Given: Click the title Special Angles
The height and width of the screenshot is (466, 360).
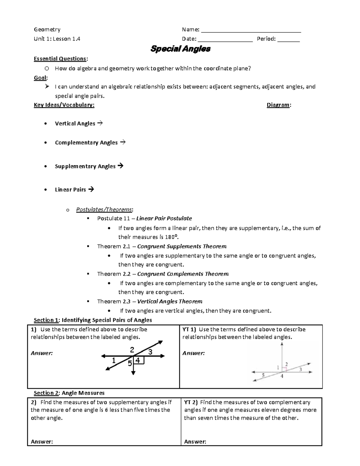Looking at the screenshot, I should pos(180,49).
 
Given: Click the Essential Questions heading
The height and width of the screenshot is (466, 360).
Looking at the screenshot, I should pos(61,59).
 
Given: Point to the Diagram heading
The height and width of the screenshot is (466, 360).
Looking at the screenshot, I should pos(278,105).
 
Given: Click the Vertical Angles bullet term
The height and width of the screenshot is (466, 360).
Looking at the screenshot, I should pos(75,124).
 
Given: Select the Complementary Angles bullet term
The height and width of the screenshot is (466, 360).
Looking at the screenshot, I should pos(86,143).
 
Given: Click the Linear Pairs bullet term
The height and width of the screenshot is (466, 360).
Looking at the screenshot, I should pos(70,190).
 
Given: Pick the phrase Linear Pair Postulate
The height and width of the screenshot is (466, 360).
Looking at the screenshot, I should pos(164,218).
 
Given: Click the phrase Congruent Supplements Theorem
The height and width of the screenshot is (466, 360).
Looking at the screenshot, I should pos(182,246).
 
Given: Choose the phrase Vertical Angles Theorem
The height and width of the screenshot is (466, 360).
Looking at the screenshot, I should pos(170,302).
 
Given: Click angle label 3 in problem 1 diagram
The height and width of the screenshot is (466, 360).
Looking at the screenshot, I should pos(150,352).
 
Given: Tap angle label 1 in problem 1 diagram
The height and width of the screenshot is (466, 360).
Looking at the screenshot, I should pos(113,361).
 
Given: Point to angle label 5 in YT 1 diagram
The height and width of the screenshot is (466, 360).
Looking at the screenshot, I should pos(263,375).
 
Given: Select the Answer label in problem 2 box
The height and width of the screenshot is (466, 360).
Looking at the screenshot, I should pos(42,441).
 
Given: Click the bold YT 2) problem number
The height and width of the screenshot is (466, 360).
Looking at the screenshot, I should pos(191,402).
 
